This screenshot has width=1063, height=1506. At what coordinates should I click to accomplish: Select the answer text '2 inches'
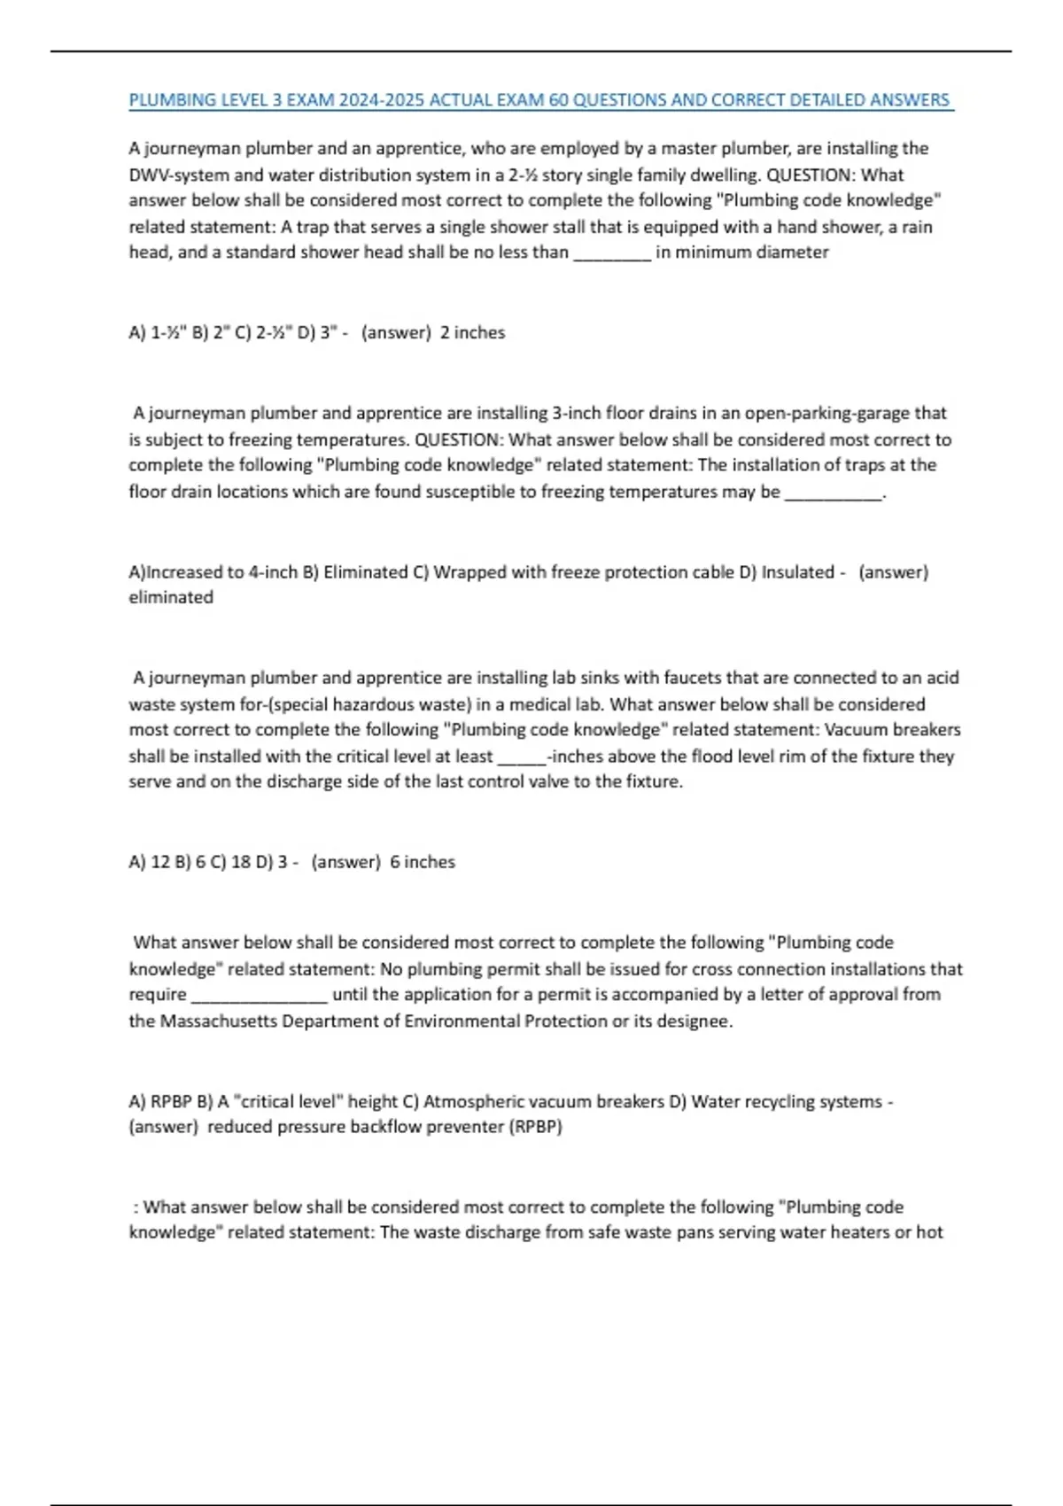coord(472,332)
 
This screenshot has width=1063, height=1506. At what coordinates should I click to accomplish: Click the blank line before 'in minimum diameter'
coord(613,252)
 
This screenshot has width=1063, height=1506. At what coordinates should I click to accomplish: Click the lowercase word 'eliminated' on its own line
coord(171,597)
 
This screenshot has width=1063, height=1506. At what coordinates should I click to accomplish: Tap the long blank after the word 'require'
coord(260,995)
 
